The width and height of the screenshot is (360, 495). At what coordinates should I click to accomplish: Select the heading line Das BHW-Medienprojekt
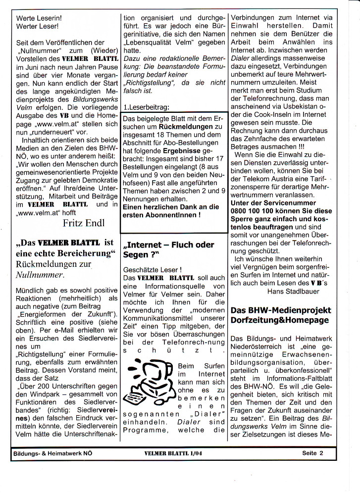pyautogui.click(x=280, y=310)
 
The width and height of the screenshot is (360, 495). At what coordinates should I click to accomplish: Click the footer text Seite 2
pyautogui.click(x=312, y=452)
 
